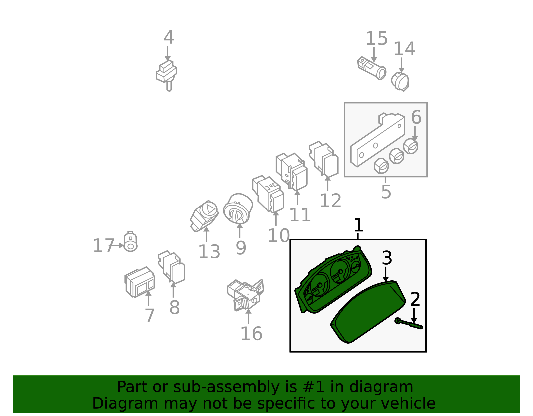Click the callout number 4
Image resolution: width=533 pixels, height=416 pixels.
pos(169,38)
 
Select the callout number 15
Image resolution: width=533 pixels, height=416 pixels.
pos(376,39)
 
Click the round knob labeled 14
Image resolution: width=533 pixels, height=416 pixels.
pos(400,81)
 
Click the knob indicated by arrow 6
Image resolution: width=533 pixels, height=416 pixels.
pos(411,146)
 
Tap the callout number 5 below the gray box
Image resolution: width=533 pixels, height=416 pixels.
pos(386,192)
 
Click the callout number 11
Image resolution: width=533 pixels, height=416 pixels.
pos(300,215)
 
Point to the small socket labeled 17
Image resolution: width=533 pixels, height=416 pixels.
pos(130,242)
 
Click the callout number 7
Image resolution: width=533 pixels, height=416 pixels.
pos(150,316)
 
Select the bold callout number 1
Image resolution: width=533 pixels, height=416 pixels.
pos(358,225)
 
